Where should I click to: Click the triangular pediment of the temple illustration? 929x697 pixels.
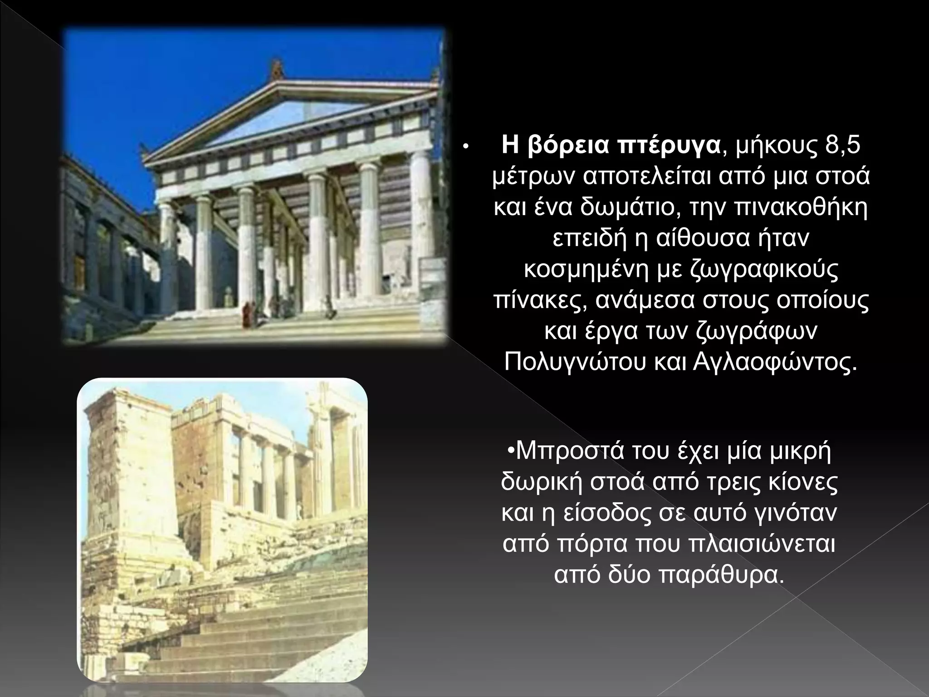[x=290, y=116]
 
